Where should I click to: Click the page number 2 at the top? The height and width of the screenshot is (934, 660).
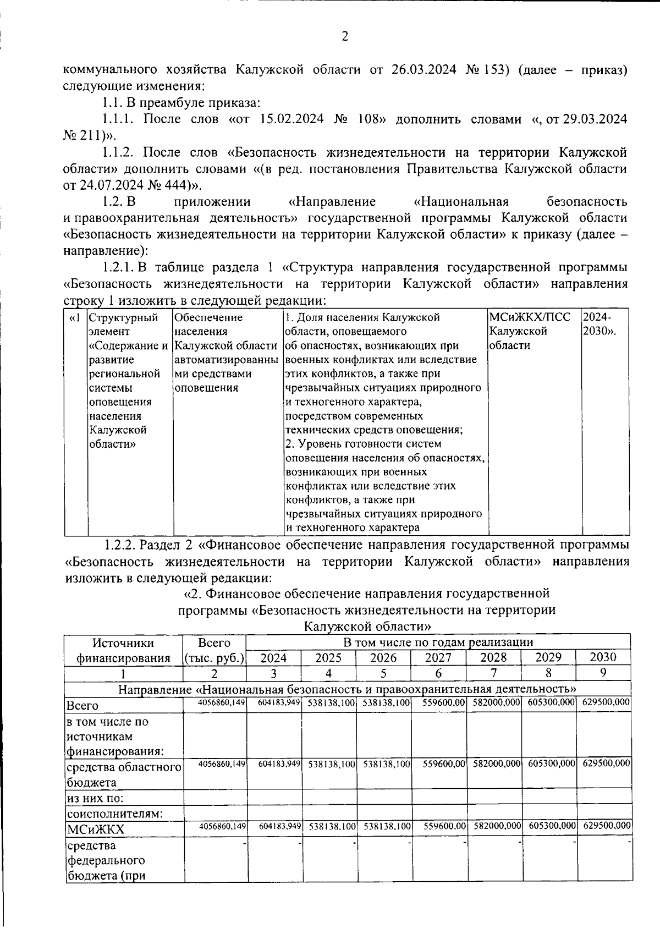[345, 37]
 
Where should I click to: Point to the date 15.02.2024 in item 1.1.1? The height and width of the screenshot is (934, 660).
[293, 119]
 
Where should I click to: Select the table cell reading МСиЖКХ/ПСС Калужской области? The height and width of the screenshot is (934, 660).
[530, 332]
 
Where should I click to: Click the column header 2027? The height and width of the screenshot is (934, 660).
[438, 658]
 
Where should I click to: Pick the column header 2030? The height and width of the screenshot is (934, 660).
[603, 657]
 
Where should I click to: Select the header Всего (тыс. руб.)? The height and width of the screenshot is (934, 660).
[215, 650]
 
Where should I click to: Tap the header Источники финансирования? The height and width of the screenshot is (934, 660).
[123, 650]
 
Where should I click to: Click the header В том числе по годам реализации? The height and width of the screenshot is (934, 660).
[438, 642]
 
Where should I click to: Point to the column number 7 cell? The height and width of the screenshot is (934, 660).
[493, 673]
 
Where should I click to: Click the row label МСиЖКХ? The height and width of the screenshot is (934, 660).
[95, 829]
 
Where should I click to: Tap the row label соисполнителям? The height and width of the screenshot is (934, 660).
[114, 813]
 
